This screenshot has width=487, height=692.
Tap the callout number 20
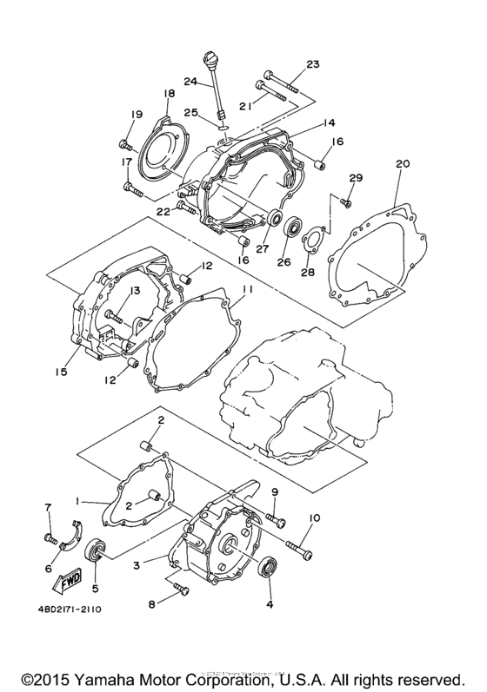(x=401, y=162)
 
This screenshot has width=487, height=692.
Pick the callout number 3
(x=136, y=565)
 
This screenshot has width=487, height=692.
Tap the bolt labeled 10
(x=292, y=548)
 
